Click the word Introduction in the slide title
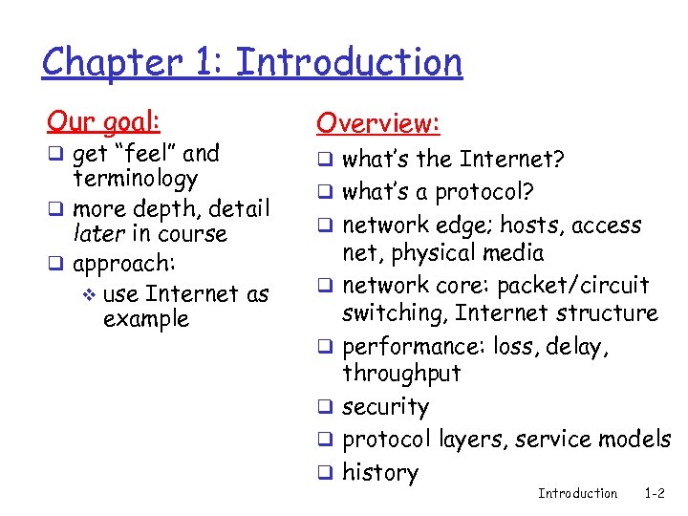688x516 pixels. (349, 63)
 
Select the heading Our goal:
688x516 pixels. (104, 121)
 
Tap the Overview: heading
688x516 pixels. (378, 123)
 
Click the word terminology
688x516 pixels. (135, 179)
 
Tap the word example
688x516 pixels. (145, 319)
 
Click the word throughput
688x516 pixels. (401, 374)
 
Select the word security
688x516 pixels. (385, 407)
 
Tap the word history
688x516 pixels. (380, 472)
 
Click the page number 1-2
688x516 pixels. (655, 493)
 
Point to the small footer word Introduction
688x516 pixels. (577, 493)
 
